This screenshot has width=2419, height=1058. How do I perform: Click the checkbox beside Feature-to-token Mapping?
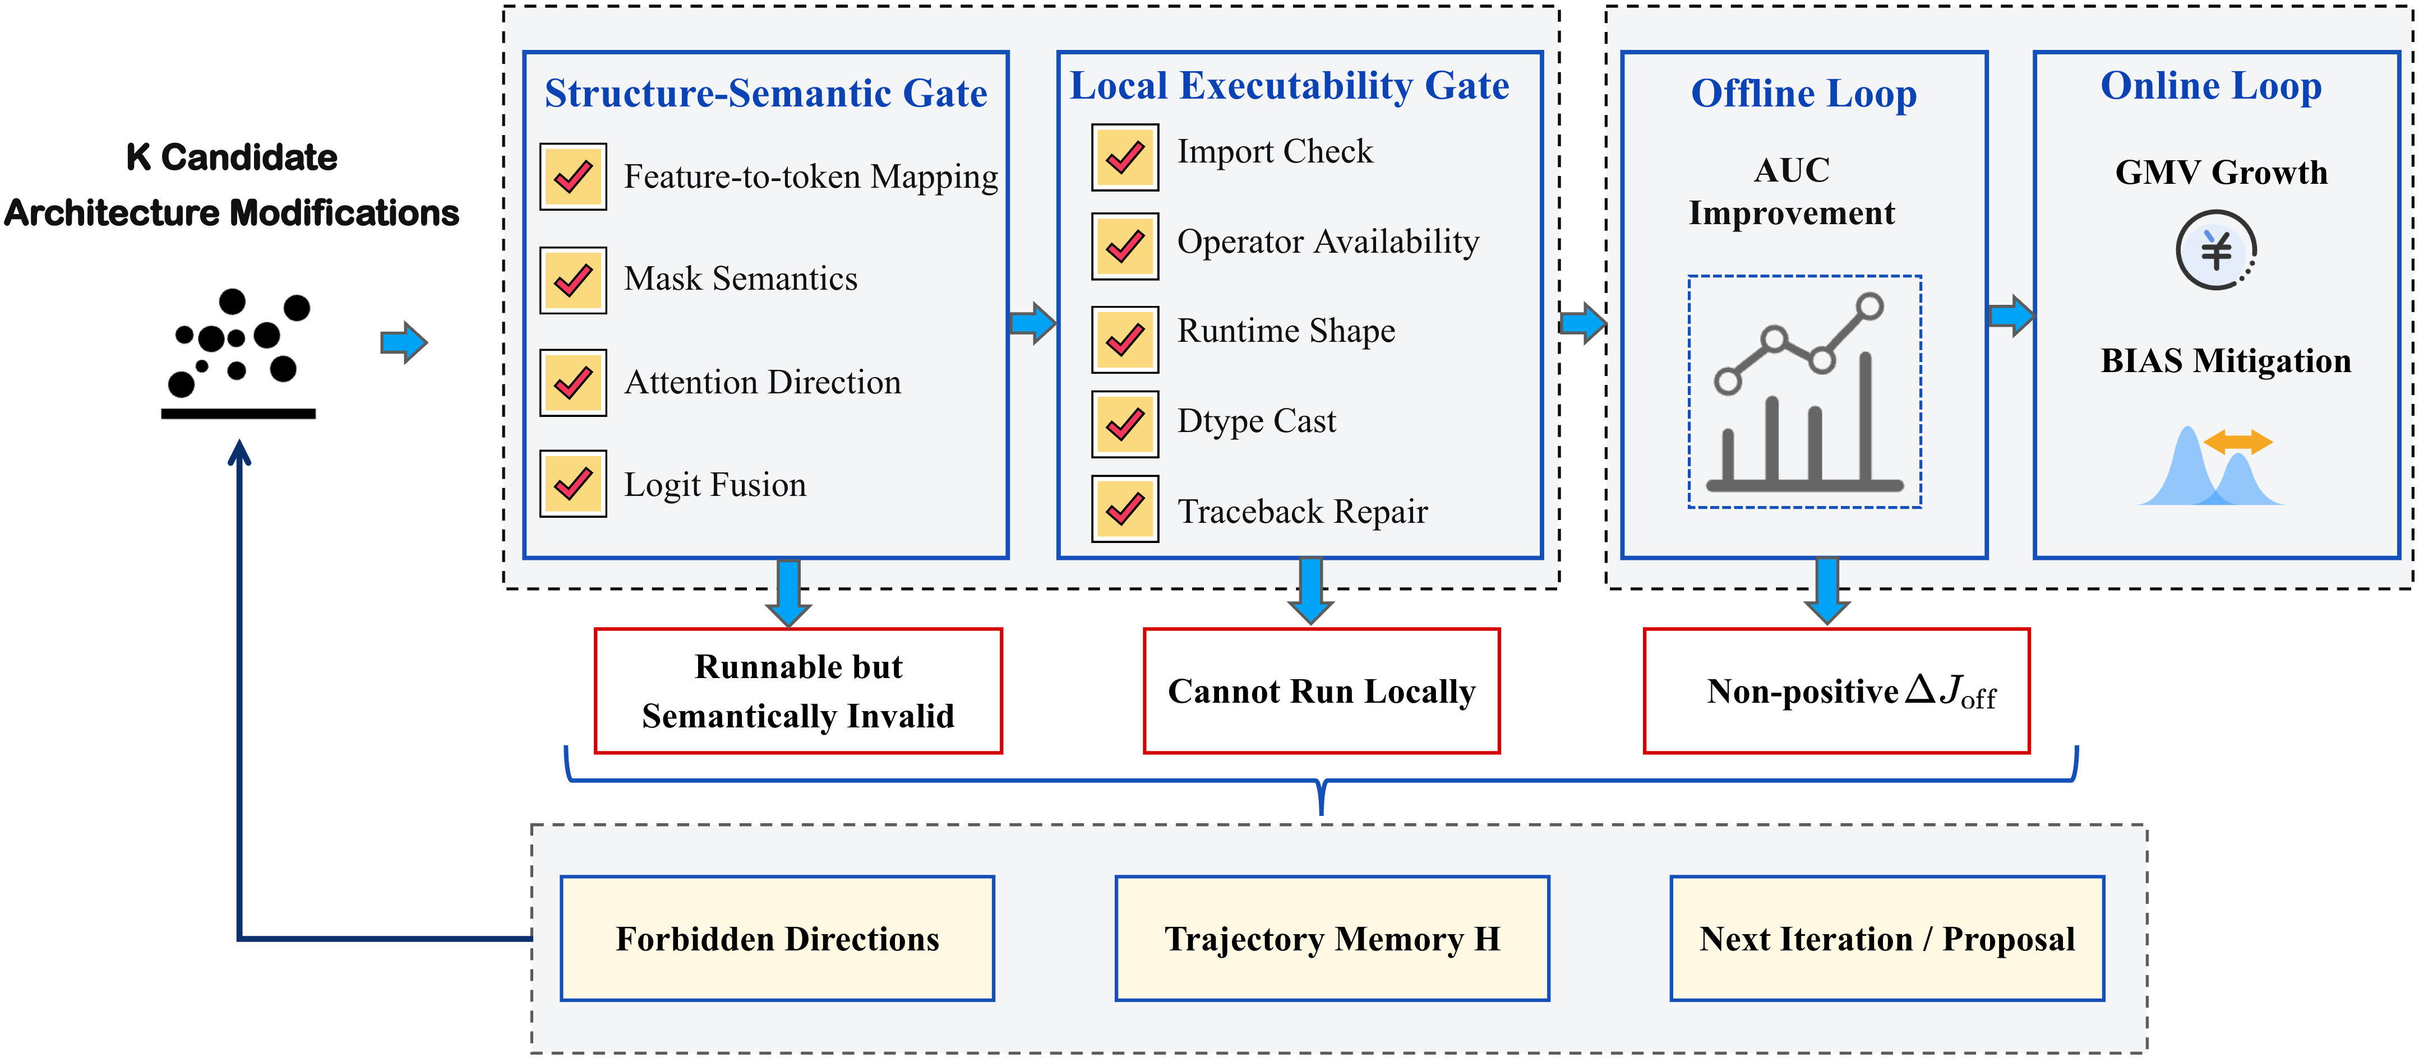coord(573,177)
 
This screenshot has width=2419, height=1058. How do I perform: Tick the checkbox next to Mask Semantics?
coord(573,280)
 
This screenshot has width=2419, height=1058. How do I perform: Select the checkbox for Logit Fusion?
coord(573,484)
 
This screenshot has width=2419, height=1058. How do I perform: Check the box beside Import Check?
coord(1125,157)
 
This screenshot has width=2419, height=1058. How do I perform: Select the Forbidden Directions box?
coord(778,939)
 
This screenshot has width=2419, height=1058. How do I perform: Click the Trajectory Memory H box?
coord(1332,939)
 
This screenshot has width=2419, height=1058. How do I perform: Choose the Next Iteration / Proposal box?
coord(1887,939)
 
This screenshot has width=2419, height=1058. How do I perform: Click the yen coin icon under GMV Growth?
coord(2216,250)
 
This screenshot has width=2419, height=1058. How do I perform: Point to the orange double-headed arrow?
coord(2238,441)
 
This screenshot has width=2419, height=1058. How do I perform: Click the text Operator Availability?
coord(1328,242)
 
